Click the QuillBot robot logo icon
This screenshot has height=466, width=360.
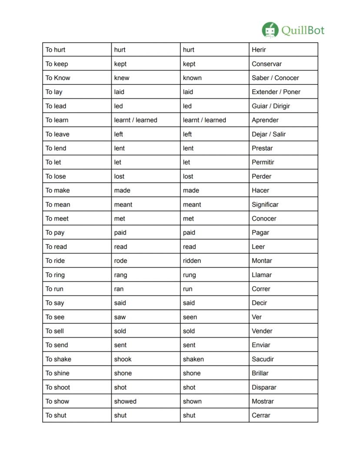(270, 30)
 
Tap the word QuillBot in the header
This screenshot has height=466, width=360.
(303, 30)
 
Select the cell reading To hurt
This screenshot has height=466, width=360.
(56, 50)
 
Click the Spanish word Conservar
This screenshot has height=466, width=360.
(267, 64)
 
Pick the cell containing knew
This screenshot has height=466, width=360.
(122, 78)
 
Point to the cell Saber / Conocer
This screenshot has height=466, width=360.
(275, 78)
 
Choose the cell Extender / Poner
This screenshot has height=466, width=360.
(276, 92)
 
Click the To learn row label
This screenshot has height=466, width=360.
(57, 120)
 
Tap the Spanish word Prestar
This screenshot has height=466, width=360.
(262, 148)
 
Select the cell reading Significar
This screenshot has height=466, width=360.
(265, 205)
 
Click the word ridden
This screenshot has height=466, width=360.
(192, 261)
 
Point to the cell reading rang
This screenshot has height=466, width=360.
(120, 275)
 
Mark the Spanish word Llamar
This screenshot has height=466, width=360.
(262, 275)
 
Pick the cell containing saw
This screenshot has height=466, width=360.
(120, 317)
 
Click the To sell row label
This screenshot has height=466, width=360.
(55, 331)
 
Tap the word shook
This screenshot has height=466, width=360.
(123, 359)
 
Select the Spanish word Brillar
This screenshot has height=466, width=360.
(260, 373)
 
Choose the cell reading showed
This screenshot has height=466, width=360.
(125, 401)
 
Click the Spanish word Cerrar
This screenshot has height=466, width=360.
(261, 416)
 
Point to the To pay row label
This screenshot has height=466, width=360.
(55, 233)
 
